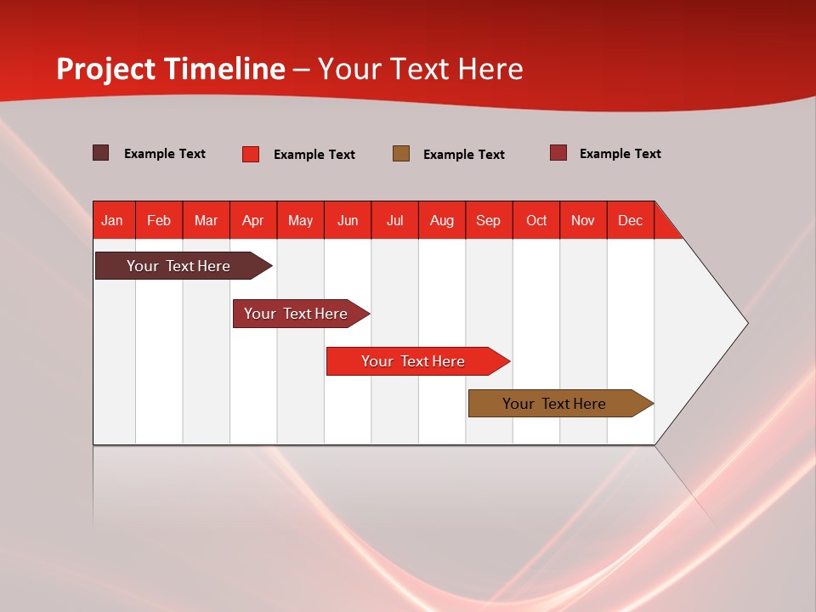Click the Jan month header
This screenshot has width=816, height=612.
[112, 220]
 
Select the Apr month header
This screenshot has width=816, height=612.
[253, 220]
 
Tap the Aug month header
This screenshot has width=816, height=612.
[442, 220]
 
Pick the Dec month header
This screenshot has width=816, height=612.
[630, 220]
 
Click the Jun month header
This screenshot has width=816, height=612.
[348, 220]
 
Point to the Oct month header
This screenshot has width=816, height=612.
[536, 220]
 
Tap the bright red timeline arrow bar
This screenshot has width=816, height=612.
[414, 361]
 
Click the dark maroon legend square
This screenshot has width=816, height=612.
[101, 153]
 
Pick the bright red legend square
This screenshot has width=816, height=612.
[251, 154]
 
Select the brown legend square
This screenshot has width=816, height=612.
[401, 153]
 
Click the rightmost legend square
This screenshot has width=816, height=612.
[558, 153]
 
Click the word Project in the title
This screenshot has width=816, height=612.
[106, 69]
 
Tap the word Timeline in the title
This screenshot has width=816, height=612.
[225, 69]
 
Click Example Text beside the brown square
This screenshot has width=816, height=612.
[464, 155]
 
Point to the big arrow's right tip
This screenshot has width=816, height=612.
[746, 323]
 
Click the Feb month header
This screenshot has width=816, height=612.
[159, 220]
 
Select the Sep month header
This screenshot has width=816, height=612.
[489, 220]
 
